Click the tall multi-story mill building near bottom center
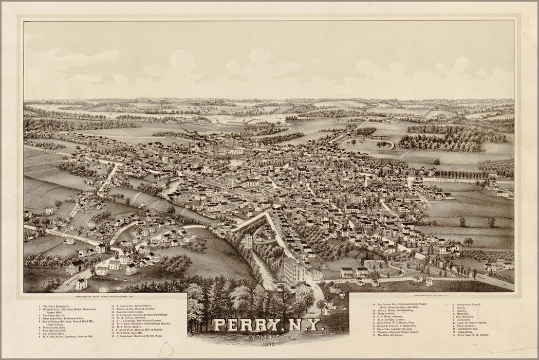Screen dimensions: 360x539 pyautogui.click(x=294, y=271)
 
